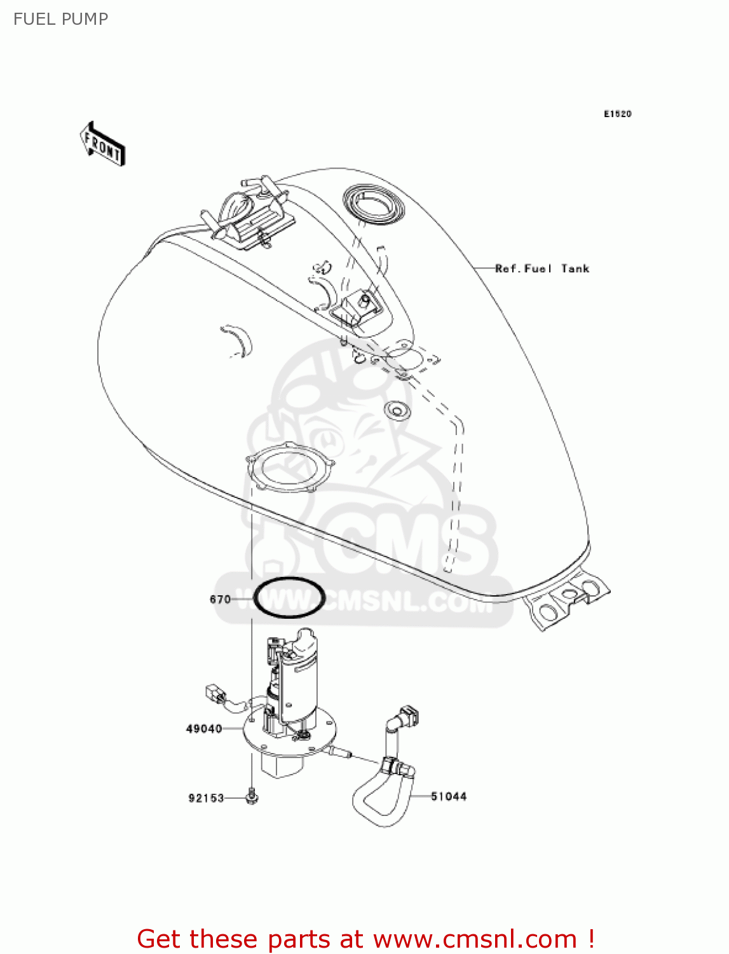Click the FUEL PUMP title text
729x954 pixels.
click(61, 19)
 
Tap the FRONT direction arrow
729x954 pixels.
click(102, 144)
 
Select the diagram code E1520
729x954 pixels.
click(617, 114)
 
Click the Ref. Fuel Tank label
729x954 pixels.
click(542, 268)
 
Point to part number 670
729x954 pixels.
click(220, 599)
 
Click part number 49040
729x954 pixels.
click(204, 729)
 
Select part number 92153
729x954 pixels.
click(207, 798)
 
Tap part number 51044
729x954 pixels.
click(449, 796)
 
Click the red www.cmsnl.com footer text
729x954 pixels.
click(365, 939)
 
